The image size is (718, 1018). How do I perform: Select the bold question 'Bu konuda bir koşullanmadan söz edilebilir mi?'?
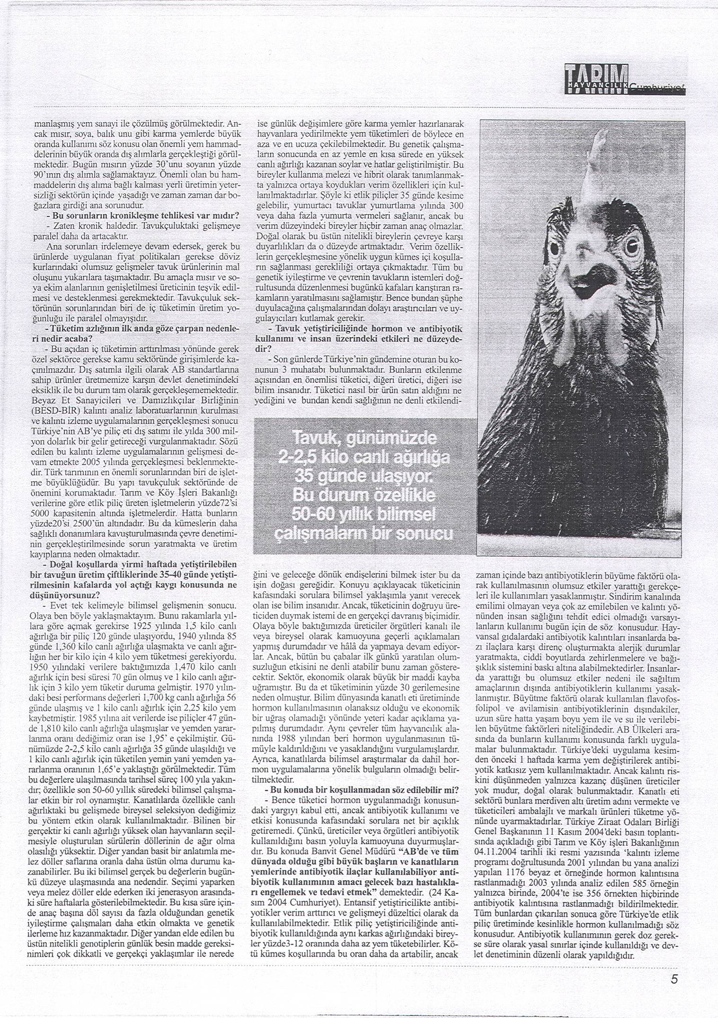pyautogui.click(x=362, y=790)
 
